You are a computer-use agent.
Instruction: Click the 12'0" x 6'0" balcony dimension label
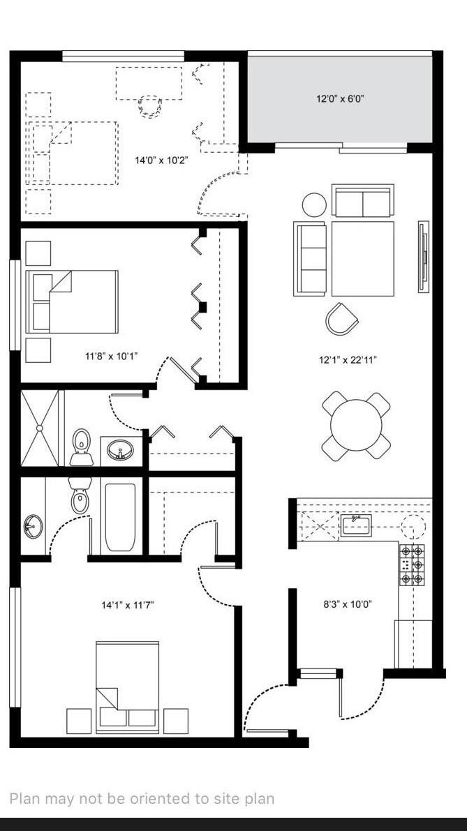340,99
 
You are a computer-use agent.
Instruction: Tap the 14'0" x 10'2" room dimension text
161,160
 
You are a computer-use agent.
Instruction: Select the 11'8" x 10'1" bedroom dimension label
112,357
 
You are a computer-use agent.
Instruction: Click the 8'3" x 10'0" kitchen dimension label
347,605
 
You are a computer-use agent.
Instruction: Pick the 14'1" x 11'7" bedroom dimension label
127,605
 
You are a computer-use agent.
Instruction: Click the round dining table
356,426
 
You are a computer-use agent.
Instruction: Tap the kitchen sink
355,524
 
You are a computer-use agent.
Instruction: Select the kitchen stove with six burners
412,564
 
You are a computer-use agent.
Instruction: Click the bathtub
120,516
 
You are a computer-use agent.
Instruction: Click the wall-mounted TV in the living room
423,256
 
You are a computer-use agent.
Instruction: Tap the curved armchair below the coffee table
341,318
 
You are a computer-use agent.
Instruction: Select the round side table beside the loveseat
314,204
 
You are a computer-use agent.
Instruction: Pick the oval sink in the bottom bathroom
32,526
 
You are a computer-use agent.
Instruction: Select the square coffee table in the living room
362,258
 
